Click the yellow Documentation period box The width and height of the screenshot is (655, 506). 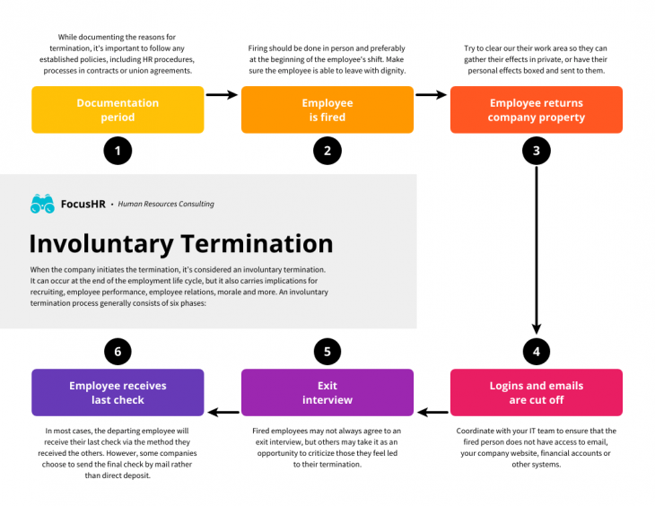tap(118, 109)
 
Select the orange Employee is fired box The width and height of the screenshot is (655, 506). tap(327, 109)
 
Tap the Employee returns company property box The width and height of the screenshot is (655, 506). tap(536, 109)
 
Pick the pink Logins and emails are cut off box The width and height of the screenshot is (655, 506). tap(536, 392)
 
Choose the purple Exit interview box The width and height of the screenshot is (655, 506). tap(327, 392)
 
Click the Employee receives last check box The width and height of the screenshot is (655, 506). tap(118, 392)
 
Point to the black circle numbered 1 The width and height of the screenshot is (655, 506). tap(118, 151)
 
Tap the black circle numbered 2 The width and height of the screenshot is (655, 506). tap(327, 151)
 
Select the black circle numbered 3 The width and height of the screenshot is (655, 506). tap(536, 151)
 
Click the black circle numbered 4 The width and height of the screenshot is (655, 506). tap(536, 351)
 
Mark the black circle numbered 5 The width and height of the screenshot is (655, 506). tap(327, 351)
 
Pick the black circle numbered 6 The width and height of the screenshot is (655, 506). tap(118, 351)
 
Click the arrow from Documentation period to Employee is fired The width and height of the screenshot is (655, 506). tap(222, 94)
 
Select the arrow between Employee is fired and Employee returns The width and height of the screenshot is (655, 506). tap(432, 94)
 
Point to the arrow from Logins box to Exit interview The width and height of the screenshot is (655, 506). tap(432, 413)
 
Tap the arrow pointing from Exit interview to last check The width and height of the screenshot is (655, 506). tap(223, 413)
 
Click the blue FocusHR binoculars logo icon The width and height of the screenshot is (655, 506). tap(42, 204)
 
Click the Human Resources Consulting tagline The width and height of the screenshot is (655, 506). tap(166, 205)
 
